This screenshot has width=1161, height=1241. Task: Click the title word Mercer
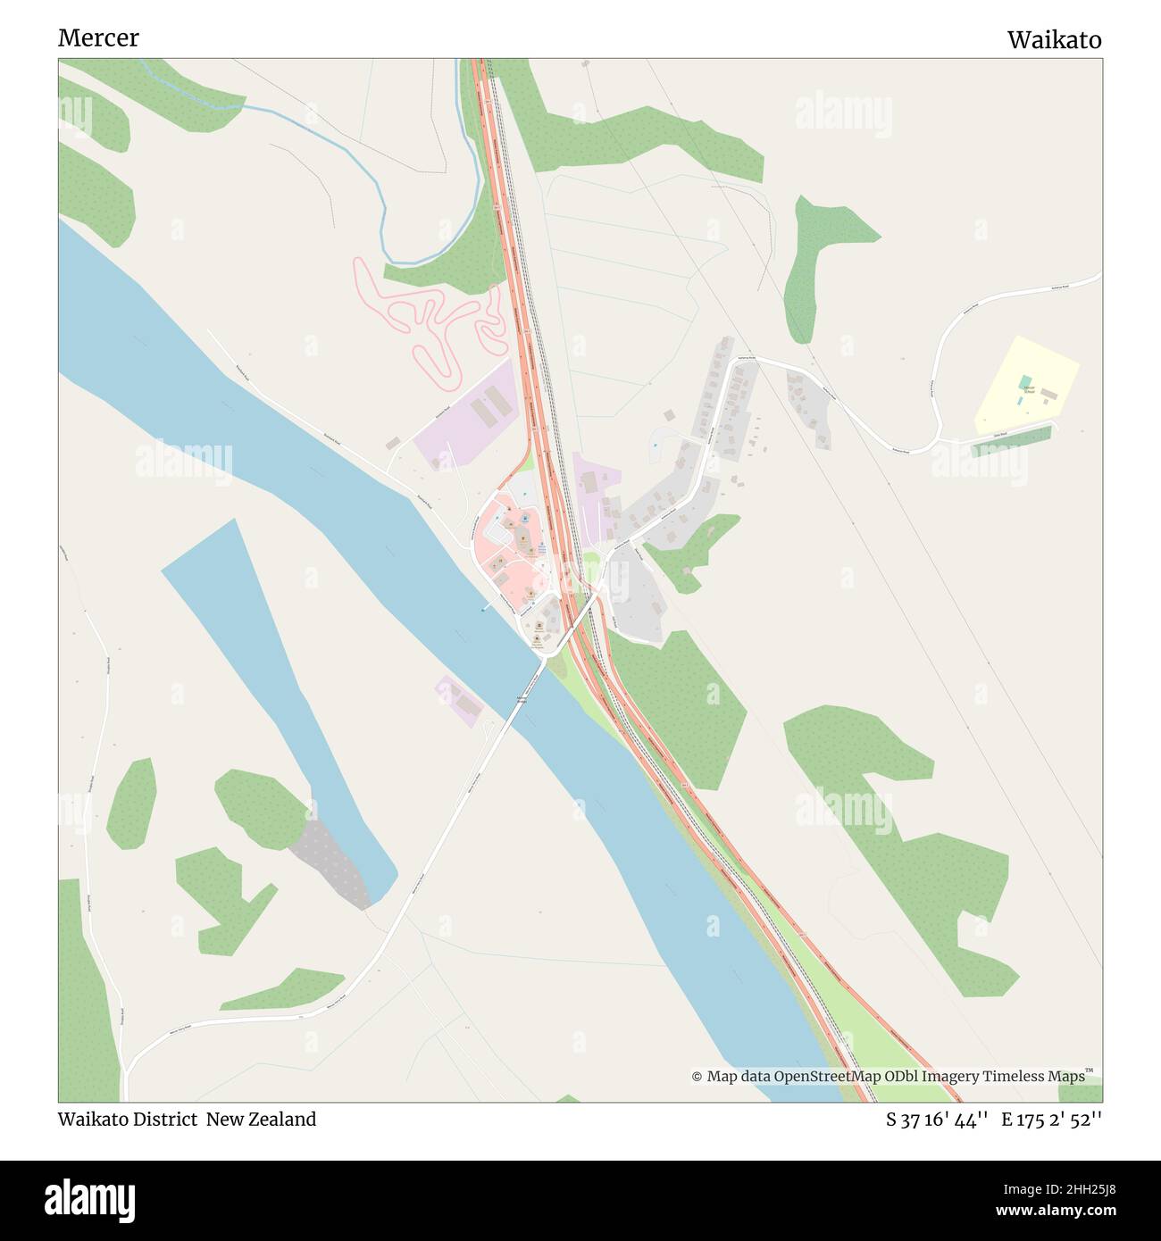click(98, 38)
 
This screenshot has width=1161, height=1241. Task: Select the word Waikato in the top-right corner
click(1054, 40)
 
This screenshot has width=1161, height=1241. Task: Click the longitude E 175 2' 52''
click(1051, 1120)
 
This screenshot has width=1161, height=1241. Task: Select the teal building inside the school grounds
click(1026, 383)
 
